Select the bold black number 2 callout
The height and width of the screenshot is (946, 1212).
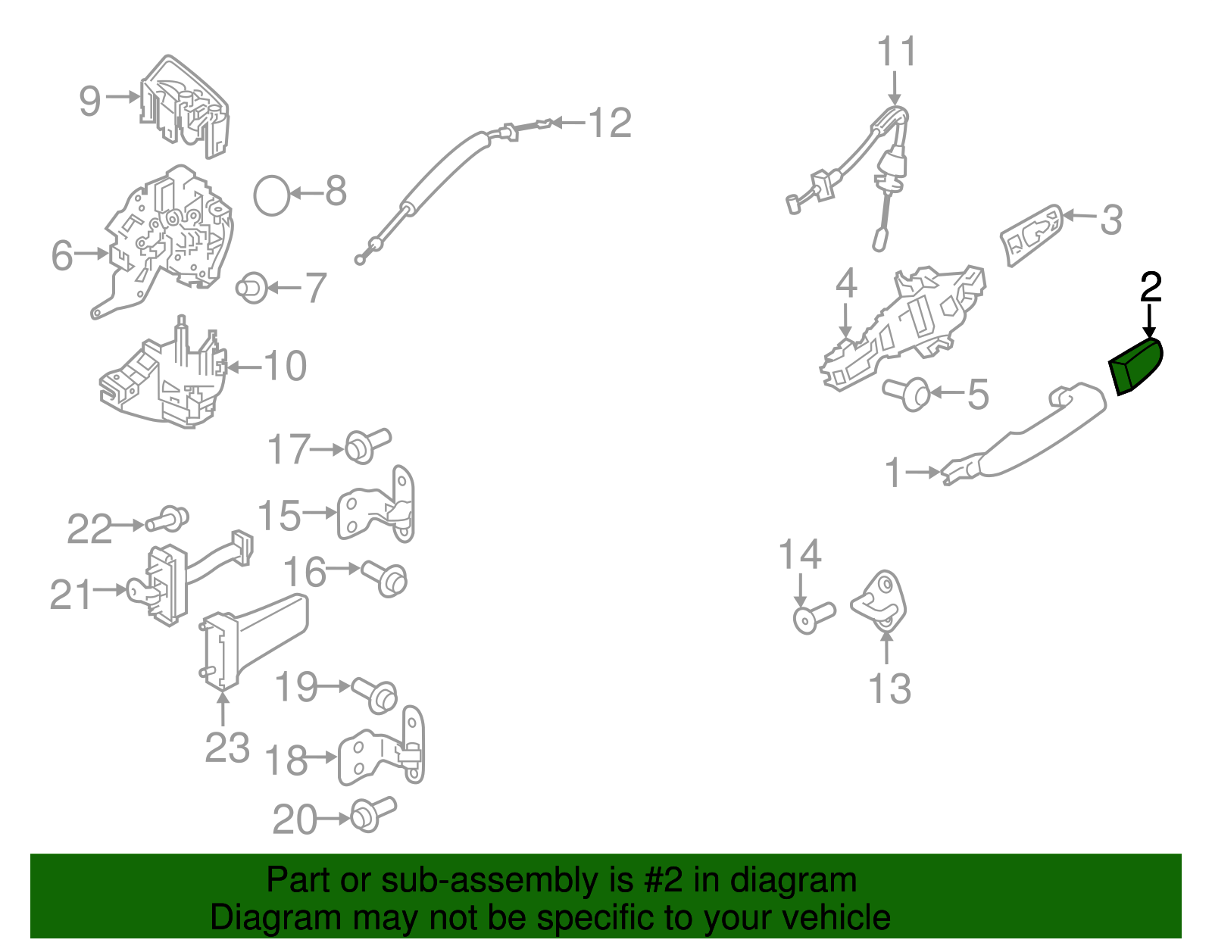click(x=1151, y=288)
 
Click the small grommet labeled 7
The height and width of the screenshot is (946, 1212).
click(x=251, y=288)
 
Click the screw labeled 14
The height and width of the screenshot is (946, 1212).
click(x=814, y=617)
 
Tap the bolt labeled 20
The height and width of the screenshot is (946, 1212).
click(x=373, y=813)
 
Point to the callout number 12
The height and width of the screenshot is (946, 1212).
click(x=610, y=123)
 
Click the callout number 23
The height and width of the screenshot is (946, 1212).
click(x=226, y=748)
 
